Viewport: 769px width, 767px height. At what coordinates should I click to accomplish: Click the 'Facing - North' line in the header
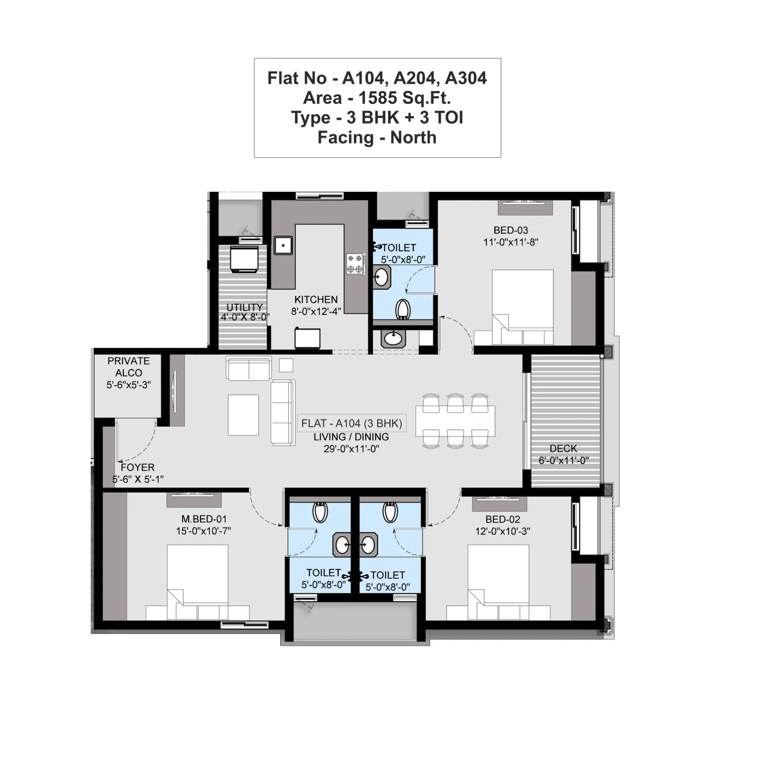click(x=376, y=138)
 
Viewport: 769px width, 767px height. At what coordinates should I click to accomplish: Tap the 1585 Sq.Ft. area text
click(x=404, y=98)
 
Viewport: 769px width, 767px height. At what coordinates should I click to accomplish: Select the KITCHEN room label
click(x=316, y=300)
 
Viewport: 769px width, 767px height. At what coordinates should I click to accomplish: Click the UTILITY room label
click(x=245, y=307)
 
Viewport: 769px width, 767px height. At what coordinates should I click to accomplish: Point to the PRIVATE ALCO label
click(x=128, y=367)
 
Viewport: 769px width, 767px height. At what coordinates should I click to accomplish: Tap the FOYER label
click(x=137, y=467)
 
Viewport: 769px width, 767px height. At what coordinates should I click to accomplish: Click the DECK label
click(x=563, y=449)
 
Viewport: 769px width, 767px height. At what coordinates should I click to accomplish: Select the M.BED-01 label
click(x=204, y=519)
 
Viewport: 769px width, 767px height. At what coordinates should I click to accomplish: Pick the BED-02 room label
click(x=502, y=519)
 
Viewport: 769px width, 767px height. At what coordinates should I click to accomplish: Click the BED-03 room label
click(x=510, y=230)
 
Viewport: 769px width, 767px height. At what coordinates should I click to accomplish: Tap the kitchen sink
click(x=283, y=246)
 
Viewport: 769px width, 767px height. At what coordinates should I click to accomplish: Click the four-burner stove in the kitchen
click(x=355, y=264)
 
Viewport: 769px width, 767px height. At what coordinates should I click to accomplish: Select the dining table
click(x=455, y=420)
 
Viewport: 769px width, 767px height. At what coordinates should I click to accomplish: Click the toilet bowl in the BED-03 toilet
click(x=403, y=309)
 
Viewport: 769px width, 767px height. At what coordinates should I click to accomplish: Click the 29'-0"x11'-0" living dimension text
click(x=351, y=449)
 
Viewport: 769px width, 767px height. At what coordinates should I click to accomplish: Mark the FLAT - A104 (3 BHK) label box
click(x=351, y=423)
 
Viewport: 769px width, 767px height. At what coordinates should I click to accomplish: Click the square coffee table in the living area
click(x=243, y=415)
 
